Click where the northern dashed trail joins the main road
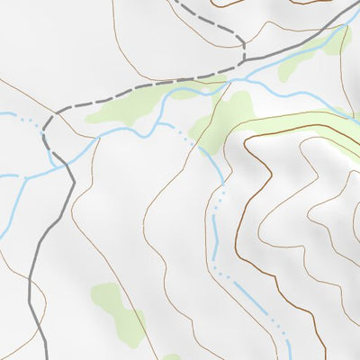click(243, 62)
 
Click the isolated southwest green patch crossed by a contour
click(118, 310)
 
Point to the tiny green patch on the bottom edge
click(171, 356)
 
